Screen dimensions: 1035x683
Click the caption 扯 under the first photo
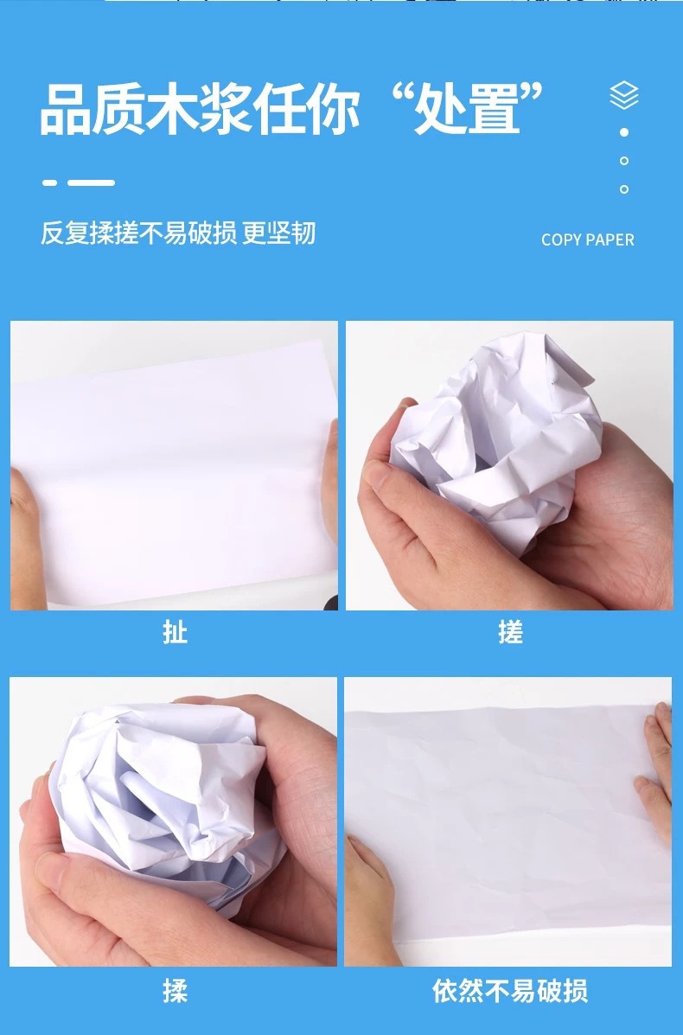[175, 633]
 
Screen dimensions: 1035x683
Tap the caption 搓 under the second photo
[510, 633]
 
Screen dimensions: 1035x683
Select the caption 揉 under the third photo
[175, 991]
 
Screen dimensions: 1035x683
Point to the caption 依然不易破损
[510, 991]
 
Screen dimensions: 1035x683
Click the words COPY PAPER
[587, 240]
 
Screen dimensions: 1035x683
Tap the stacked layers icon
[624, 95]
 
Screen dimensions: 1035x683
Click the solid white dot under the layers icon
[624, 132]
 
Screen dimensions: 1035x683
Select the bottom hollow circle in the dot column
[624, 188]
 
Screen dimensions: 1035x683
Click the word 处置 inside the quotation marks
[467, 110]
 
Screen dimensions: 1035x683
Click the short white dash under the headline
[50, 182]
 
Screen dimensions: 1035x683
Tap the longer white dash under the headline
[92, 182]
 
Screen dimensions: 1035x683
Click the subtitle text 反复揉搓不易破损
[138, 233]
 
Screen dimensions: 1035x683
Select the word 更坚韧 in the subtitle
[279, 233]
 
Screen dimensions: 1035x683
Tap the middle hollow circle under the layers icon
[624, 161]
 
